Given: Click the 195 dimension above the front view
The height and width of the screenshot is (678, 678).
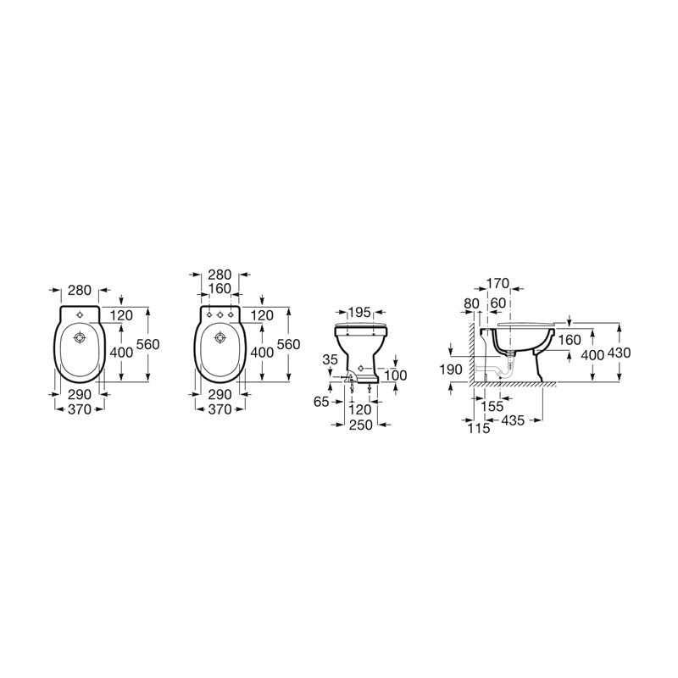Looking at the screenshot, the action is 359,312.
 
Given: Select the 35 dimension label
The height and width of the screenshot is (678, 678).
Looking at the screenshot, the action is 330,360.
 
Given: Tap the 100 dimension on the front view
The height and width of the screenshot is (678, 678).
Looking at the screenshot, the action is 396,375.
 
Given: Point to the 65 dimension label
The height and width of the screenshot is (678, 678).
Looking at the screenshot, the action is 321,402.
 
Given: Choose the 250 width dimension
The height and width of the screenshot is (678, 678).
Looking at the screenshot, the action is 361,425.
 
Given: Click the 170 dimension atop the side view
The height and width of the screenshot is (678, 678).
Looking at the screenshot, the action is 497,284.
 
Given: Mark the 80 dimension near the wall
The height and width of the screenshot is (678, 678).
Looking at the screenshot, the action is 471,303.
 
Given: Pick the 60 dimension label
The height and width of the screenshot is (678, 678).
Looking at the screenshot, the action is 498,303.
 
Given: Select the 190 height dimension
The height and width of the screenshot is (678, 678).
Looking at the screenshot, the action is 451,370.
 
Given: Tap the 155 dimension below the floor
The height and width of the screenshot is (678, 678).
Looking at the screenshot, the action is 492,407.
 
